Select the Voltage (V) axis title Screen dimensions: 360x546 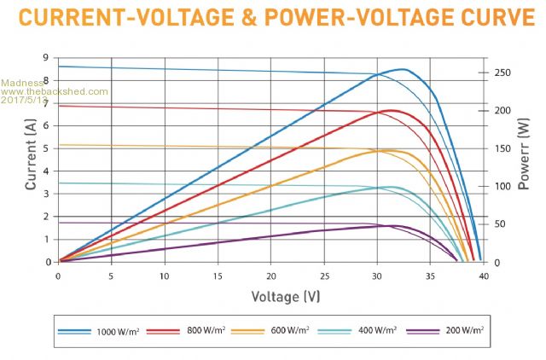(x=286, y=296)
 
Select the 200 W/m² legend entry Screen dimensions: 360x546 (x=466, y=329)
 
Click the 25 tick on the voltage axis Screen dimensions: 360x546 (x=324, y=276)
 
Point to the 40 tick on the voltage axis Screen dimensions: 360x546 (x=485, y=276)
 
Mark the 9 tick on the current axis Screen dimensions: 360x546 (x=45, y=57)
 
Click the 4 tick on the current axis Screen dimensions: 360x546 (x=45, y=171)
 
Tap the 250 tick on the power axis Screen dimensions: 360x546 (x=503, y=73)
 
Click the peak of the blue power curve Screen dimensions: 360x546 (x=403, y=69)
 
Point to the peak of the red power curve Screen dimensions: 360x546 (x=392, y=110)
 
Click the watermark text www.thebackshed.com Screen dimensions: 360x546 (x=55, y=91)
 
